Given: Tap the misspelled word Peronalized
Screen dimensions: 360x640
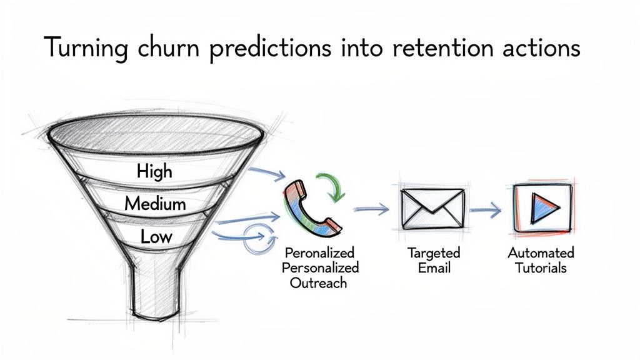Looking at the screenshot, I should pos(319,253).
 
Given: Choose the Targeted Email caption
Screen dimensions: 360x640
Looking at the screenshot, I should pos(434,261).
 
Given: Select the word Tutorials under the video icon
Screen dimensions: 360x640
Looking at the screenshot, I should pos(541,267).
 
